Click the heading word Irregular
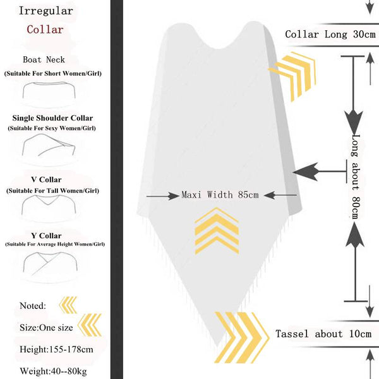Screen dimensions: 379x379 point(45,11)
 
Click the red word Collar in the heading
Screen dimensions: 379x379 point(45,29)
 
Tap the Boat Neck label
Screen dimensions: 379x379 point(44,60)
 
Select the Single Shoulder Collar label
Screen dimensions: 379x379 point(52,118)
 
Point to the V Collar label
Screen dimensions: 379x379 point(46,180)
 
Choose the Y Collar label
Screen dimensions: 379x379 point(46,236)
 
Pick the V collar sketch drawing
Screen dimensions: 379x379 point(49,205)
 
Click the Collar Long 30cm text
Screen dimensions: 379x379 point(330,35)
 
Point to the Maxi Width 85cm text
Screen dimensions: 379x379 point(220,195)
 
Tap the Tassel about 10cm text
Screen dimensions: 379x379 point(323,334)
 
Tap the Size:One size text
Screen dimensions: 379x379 point(47,327)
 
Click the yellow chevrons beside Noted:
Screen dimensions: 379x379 point(67,306)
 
